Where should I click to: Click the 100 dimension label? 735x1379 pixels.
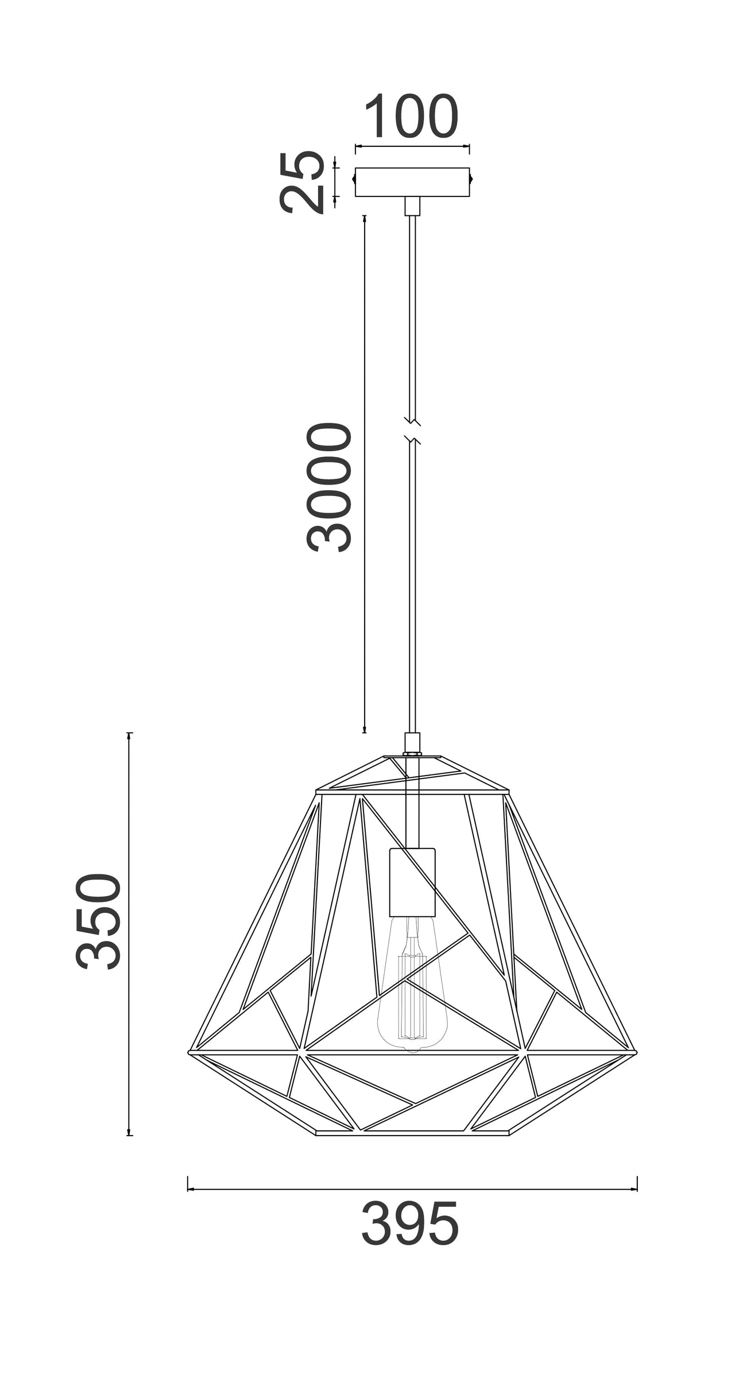pos(412,117)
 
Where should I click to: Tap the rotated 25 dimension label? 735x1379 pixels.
pos(300,182)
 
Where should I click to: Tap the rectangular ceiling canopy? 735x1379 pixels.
pos(412,182)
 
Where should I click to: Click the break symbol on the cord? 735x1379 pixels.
pos(412,431)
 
